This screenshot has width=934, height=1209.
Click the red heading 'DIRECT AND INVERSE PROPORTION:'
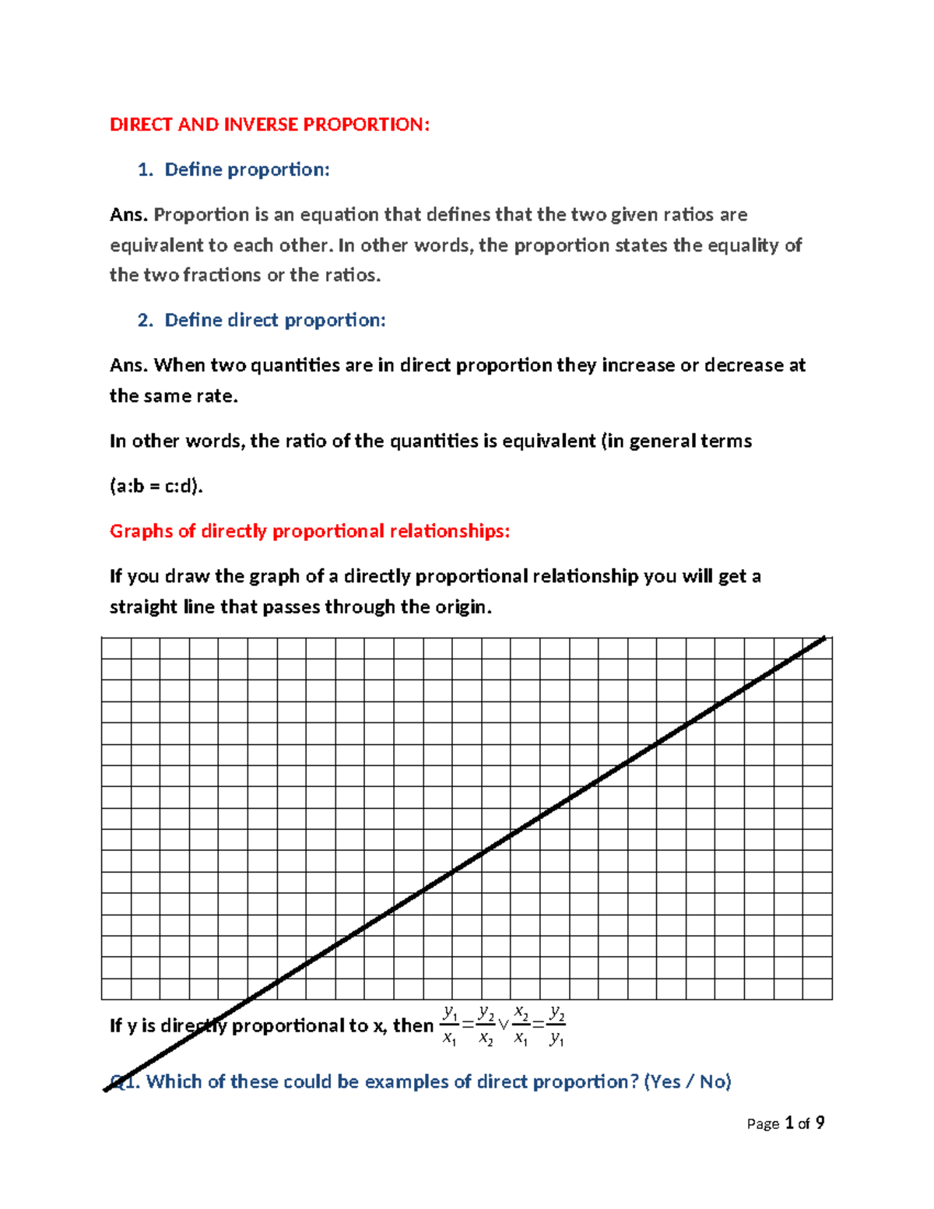pyautogui.click(x=269, y=125)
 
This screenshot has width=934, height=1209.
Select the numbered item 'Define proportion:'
pyautogui.click(x=247, y=170)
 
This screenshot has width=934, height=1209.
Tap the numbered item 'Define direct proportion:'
pyautogui.click(x=275, y=320)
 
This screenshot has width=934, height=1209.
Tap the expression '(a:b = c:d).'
pyautogui.click(x=156, y=487)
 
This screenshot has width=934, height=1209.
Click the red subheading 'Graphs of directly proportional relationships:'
pyautogui.click(x=310, y=531)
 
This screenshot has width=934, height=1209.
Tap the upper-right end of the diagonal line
pyautogui.click(x=823, y=638)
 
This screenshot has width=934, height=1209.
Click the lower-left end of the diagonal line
pyautogui.click(x=107, y=1089)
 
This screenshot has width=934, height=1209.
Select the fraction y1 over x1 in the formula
pyautogui.click(x=449, y=1025)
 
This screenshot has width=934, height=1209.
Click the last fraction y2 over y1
pyautogui.click(x=557, y=1025)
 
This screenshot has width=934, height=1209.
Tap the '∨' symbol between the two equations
pyautogui.click(x=503, y=1025)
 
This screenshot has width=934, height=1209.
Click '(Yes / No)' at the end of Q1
pyautogui.click(x=688, y=1081)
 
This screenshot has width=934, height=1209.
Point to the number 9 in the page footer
pyautogui.click(x=820, y=1123)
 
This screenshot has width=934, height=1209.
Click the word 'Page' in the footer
pyautogui.click(x=763, y=1123)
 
